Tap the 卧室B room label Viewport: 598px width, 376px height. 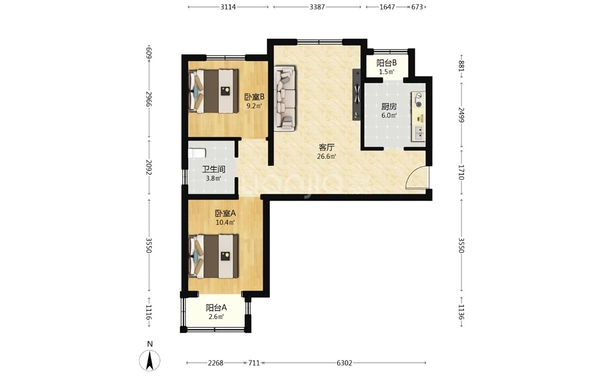coord(254,97)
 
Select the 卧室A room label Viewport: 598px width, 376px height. coord(225,213)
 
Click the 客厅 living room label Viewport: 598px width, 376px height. coord(326,147)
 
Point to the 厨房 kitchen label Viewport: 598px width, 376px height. coord(389,106)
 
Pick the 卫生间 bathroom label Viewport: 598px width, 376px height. coord(213,169)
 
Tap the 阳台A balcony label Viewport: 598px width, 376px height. coord(216,307)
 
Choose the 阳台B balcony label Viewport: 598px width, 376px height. coord(386,63)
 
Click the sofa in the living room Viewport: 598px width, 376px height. coord(284,99)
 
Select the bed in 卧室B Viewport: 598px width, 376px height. coord(213,91)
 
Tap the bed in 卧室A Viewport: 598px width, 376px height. coord(213,256)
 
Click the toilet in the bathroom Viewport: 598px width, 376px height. coord(197,153)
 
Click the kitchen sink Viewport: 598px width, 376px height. coord(418,132)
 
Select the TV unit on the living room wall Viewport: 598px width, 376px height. coord(356,94)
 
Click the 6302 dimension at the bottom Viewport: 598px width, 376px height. coord(344,363)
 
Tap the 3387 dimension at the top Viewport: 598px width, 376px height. coord(317,7)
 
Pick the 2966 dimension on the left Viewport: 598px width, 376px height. coord(149,99)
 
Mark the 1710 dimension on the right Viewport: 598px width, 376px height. coord(461,172)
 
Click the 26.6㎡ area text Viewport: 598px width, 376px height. coord(326,156)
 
